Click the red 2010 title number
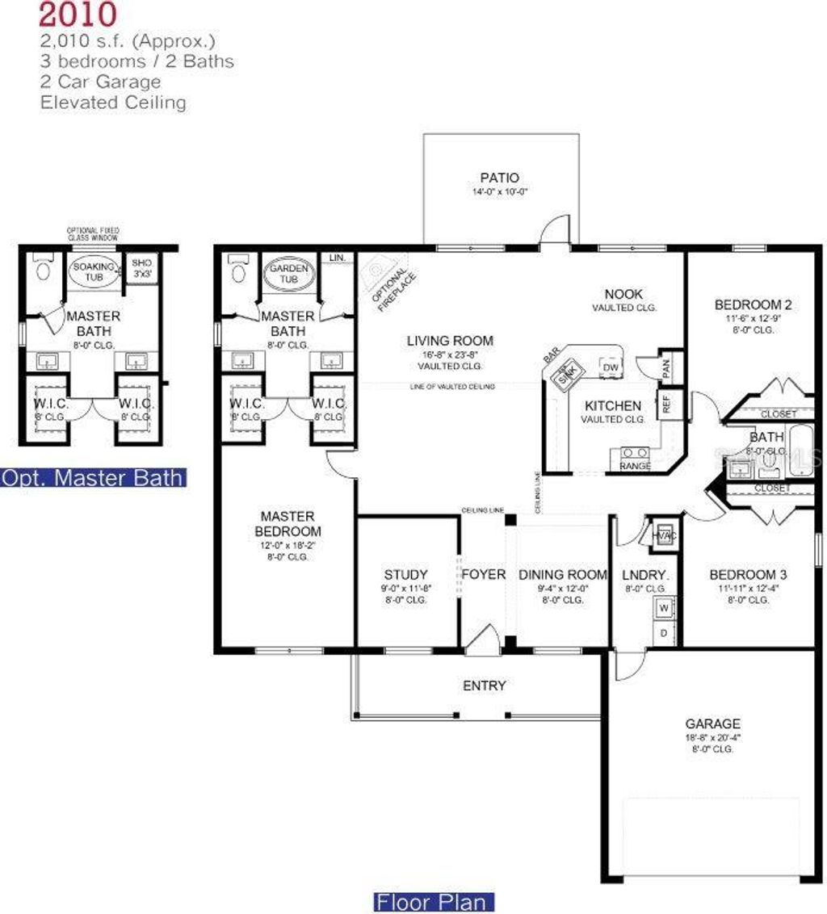pos(78,14)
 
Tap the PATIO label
pos(499,178)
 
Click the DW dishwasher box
pos(610,368)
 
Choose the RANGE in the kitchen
pos(636,458)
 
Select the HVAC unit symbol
pos(663,534)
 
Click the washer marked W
pos(664,606)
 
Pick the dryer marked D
pos(664,632)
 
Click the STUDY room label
pos(406,575)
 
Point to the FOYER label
pos(483,575)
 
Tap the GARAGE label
pos(712,724)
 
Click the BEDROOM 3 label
pos(748,575)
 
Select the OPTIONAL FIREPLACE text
pos(393,282)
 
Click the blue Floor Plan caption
pos(434,902)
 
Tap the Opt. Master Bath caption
pos(93,477)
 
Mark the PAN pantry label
pos(667,367)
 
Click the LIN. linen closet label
pos(338,258)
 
